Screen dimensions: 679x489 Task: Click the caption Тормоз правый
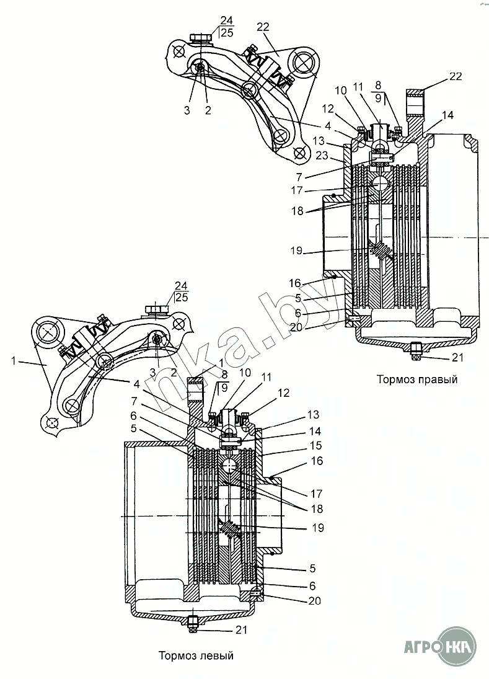point(416,379)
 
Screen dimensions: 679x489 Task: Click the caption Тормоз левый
point(196,655)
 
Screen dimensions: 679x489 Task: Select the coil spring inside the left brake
point(231,530)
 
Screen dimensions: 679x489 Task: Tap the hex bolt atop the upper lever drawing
point(198,39)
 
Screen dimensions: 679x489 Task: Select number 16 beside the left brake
point(317,461)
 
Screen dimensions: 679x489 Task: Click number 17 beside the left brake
point(316,494)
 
